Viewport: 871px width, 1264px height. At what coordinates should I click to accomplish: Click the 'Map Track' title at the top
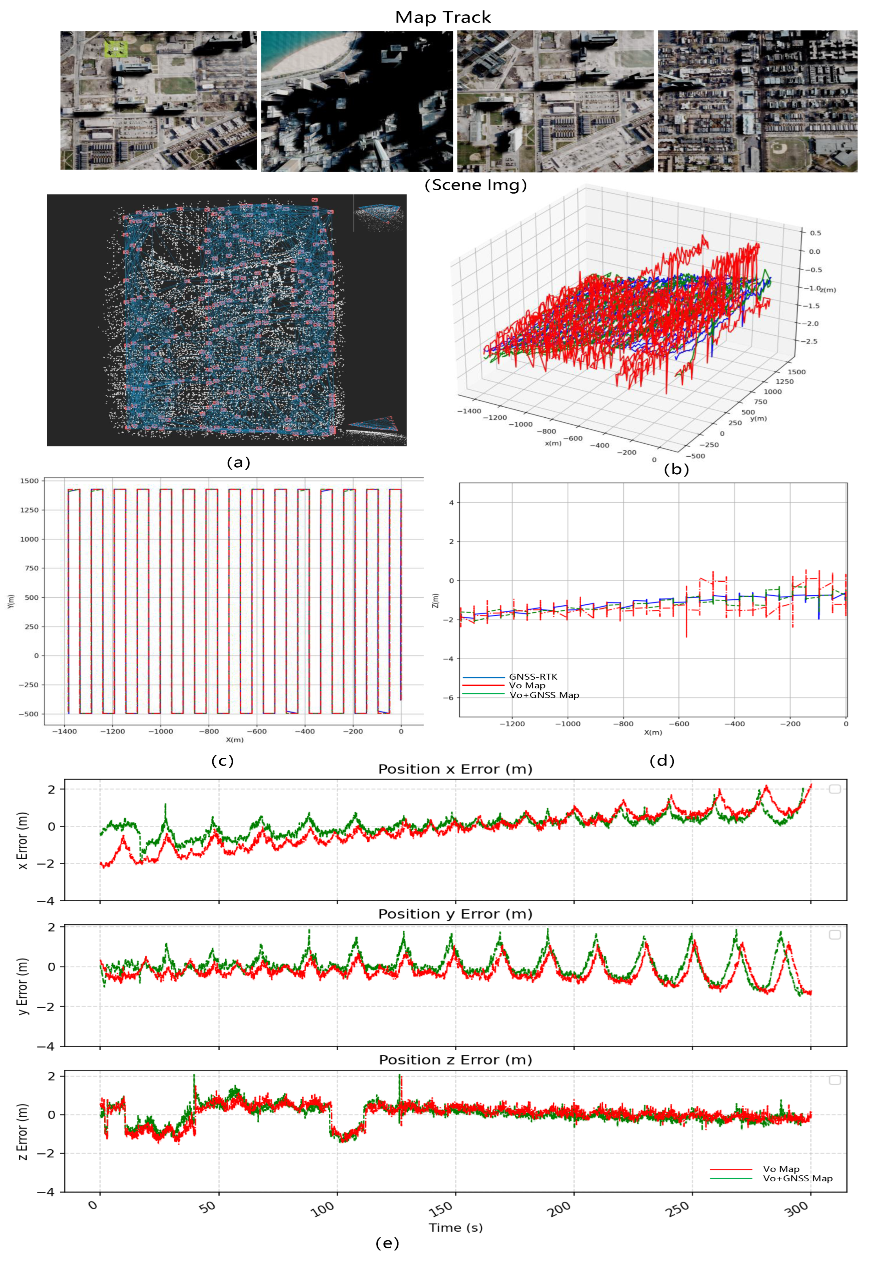(x=443, y=17)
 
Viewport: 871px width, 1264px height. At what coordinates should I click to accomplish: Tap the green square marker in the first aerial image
(x=116, y=49)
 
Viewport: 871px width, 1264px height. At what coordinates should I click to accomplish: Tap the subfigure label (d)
(x=662, y=760)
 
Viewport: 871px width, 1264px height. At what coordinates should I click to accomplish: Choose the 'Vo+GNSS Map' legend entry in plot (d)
(x=544, y=695)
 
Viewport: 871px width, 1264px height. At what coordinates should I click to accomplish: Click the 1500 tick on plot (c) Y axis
(x=29, y=481)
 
